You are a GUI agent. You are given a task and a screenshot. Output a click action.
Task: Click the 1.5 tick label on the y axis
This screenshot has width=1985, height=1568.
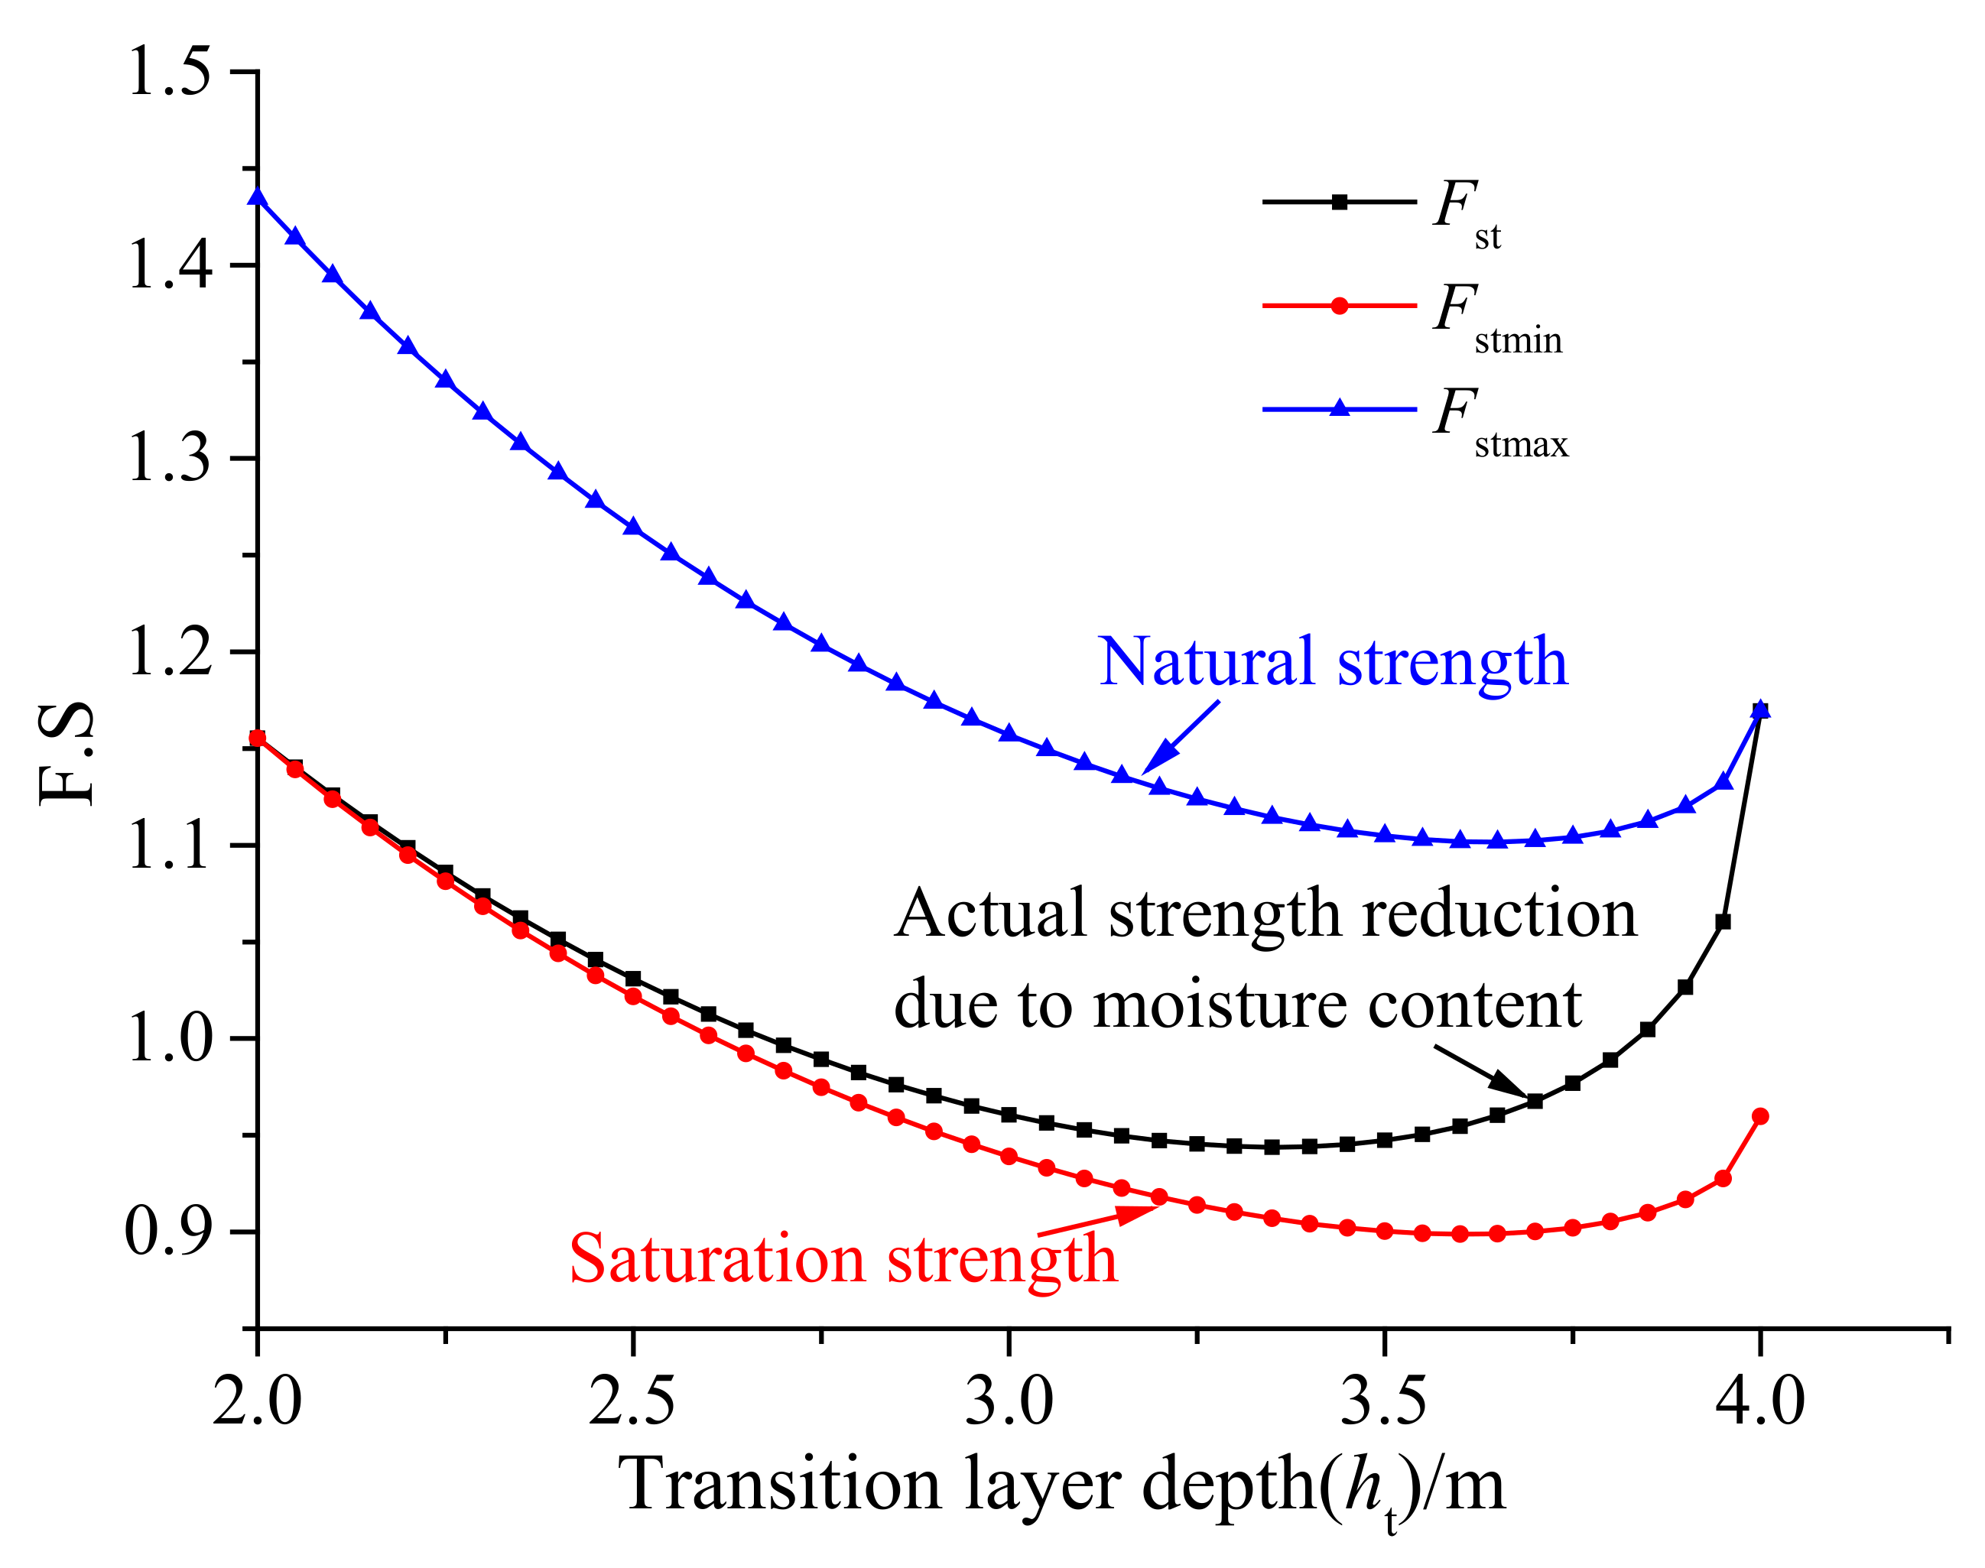click(170, 73)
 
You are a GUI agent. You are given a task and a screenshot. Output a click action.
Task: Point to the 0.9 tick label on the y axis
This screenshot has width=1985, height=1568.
click(170, 1232)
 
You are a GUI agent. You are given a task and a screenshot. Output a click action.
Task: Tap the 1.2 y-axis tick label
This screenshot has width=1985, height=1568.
click(170, 653)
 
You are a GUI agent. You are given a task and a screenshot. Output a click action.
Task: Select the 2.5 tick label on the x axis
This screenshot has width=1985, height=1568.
click(632, 1403)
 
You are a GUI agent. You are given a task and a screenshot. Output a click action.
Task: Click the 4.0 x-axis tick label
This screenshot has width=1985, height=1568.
click(1759, 1403)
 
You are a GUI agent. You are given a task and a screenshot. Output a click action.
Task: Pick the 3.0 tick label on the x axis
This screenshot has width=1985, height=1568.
click(1008, 1403)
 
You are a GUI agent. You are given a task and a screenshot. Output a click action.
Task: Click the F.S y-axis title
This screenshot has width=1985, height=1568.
click(66, 753)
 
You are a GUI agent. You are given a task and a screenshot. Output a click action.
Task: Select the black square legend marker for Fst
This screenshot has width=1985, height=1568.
click(1340, 202)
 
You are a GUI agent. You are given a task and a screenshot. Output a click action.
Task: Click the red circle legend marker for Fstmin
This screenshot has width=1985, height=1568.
click(1340, 306)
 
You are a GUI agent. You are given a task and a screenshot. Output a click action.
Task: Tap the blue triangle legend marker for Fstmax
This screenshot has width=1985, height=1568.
click(1340, 408)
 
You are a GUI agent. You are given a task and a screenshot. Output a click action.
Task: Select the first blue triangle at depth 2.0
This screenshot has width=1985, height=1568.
click(258, 196)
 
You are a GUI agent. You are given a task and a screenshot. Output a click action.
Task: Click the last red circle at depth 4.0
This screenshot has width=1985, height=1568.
click(1760, 1117)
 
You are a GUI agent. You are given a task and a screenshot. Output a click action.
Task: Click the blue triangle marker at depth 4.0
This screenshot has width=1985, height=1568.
click(1760, 709)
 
